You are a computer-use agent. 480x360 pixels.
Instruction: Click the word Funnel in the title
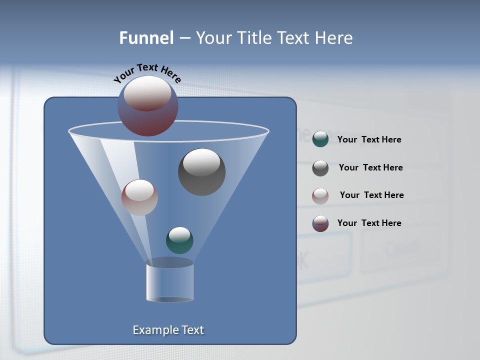point(146,38)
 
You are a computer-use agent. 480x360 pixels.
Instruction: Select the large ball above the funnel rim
point(148,106)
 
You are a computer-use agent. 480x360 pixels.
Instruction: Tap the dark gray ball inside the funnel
point(202,172)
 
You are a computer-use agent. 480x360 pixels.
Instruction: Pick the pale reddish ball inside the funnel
point(139,197)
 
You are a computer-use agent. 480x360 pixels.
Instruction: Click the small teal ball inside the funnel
point(179,240)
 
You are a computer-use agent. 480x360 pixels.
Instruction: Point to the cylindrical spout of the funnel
point(170,283)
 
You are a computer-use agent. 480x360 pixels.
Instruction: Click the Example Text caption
point(168,330)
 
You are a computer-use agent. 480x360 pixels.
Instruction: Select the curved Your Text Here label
point(147,73)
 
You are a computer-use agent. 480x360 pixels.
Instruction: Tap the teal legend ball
point(320,139)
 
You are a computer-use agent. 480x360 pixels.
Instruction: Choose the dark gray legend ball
point(320,168)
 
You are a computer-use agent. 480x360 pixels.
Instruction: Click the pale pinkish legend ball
point(320,195)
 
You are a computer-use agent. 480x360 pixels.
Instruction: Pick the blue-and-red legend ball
point(320,223)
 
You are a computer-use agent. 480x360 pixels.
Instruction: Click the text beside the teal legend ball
point(369,139)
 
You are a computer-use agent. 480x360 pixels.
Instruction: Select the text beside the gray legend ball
point(370,167)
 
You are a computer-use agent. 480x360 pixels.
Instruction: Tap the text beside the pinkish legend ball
point(371,195)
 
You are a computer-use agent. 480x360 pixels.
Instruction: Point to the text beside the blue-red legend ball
point(369,223)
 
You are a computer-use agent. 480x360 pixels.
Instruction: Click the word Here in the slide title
point(335,38)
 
